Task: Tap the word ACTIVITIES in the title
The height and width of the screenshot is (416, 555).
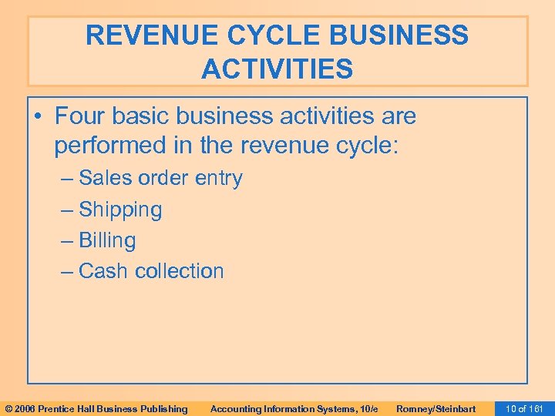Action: click(x=277, y=69)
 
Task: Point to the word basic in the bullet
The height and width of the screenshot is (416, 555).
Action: click(x=140, y=117)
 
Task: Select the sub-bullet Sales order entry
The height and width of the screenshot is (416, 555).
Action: click(x=160, y=179)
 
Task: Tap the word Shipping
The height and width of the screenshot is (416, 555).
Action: click(x=120, y=210)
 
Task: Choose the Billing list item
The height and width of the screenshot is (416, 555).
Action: click(x=107, y=240)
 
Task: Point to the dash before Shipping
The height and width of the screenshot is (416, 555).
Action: click(x=68, y=210)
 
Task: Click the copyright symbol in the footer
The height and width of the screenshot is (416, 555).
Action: click(x=8, y=408)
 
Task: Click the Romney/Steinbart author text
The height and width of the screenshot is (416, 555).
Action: click(x=436, y=408)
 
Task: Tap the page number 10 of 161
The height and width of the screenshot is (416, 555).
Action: click(x=523, y=408)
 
